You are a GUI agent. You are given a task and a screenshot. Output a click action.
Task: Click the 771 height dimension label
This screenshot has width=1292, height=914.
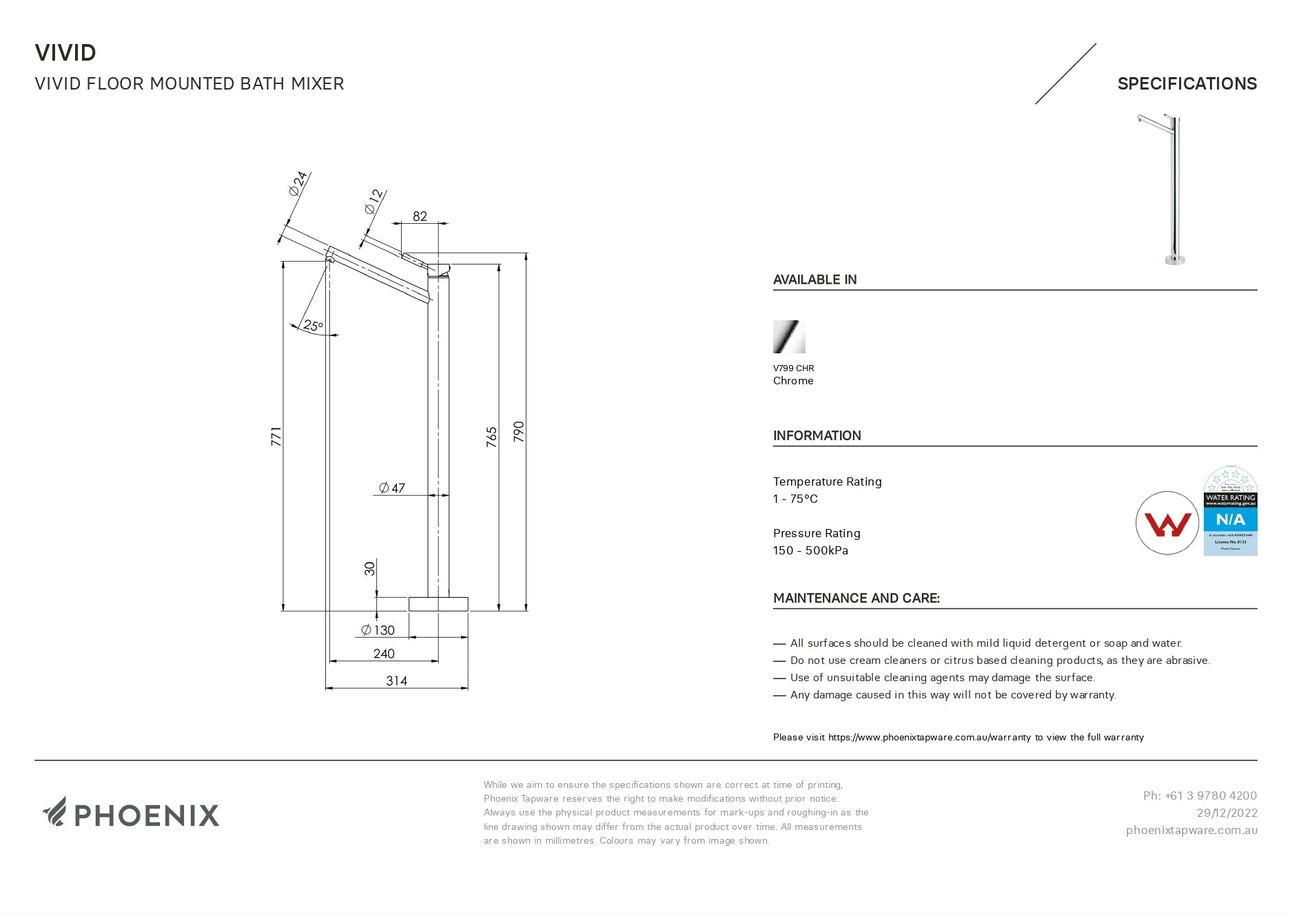click(276, 436)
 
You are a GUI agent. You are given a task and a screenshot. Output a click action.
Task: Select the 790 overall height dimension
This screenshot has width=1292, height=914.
click(519, 431)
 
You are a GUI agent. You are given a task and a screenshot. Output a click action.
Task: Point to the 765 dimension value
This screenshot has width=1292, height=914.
click(491, 437)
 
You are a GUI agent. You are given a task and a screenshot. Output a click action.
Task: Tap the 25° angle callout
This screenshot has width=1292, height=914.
click(313, 326)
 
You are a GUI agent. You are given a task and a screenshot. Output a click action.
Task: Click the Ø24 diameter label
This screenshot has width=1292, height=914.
click(298, 184)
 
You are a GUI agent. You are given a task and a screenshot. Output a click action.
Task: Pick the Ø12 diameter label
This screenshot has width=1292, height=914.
click(373, 201)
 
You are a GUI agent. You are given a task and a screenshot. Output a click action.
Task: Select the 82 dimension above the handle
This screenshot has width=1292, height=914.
click(420, 216)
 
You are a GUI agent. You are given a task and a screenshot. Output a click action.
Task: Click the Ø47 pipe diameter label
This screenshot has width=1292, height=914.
click(392, 488)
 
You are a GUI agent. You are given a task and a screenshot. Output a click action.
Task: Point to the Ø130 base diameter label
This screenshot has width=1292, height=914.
click(378, 630)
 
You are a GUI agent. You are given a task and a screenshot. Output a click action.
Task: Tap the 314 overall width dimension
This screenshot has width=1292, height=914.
click(396, 681)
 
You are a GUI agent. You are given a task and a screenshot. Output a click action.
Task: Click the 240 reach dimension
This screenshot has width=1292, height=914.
click(384, 654)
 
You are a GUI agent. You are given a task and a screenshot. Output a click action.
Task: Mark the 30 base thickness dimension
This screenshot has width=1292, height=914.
click(370, 568)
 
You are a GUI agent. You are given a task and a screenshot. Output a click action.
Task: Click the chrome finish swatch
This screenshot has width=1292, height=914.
click(789, 337)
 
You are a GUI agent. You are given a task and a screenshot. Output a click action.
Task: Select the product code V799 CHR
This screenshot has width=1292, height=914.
click(793, 368)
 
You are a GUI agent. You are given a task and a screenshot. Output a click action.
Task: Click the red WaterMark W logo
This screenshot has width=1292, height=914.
click(1167, 523)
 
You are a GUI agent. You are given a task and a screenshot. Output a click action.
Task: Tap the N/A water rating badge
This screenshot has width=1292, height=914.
click(1230, 519)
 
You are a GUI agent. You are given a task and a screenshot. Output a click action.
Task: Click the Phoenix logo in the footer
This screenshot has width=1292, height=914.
click(131, 813)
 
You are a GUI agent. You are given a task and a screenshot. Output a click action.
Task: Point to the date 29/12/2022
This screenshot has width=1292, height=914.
click(1227, 813)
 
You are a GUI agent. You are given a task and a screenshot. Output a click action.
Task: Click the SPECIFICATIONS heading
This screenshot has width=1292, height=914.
click(1187, 84)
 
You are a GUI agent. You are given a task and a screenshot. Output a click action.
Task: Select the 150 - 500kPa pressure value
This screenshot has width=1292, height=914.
click(810, 550)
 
